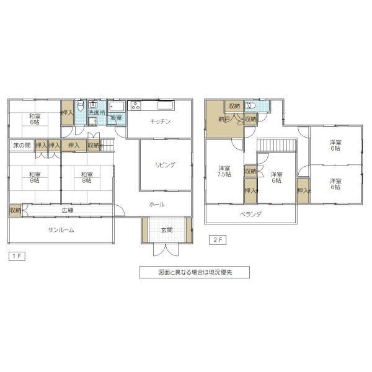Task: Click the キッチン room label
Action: click(161, 122)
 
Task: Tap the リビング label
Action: click(165, 165)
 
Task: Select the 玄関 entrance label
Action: click(167, 229)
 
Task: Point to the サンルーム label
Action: click(61, 229)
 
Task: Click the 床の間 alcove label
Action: click(22, 145)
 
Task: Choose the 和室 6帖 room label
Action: click(35, 119)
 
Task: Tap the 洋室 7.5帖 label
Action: click(224, 171)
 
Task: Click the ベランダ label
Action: click(250, 215)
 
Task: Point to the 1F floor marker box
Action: click(17, 256)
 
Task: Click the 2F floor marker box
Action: click(218, 239)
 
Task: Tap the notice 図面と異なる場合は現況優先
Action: click(195, 272)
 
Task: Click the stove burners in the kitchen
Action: click(135, 105)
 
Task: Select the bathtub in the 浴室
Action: click(117, 107)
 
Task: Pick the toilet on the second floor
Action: click(250, 105)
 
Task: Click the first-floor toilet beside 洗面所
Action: click(81, 105)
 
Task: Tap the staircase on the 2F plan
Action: click(277, 145)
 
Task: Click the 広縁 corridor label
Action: click(68, 210)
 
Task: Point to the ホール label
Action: click(157, 205)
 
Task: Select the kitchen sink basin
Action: click(166, 105)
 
